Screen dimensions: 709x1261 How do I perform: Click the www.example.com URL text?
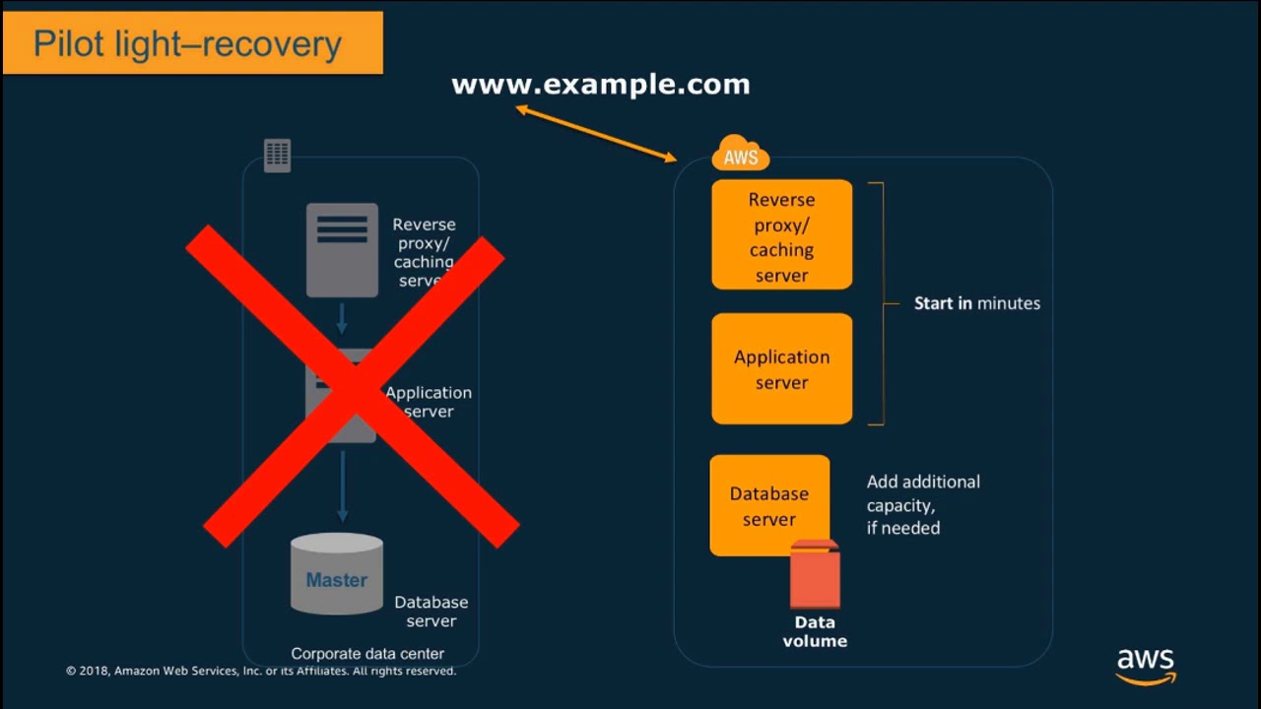(600, 85)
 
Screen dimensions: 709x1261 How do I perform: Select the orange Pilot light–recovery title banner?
(193, 43)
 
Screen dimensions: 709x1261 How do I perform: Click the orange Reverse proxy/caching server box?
(781, 235)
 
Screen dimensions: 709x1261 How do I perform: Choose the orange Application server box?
(781, 368)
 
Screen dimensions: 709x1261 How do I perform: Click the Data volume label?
(815, 631)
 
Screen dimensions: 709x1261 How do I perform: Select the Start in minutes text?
(976, 303)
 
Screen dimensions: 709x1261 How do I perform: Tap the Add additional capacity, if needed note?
(923, 504)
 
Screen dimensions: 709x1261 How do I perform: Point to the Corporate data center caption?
(367, 654)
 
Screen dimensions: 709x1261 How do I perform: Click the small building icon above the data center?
(278, 155)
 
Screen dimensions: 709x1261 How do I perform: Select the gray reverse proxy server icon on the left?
(342, 249)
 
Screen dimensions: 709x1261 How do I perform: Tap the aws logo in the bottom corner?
(1146, 665)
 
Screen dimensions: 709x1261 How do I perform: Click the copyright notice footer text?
(261, 672)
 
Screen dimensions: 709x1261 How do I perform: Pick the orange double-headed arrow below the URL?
(597, 133)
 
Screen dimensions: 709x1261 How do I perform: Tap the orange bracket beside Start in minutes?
(881, 303)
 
